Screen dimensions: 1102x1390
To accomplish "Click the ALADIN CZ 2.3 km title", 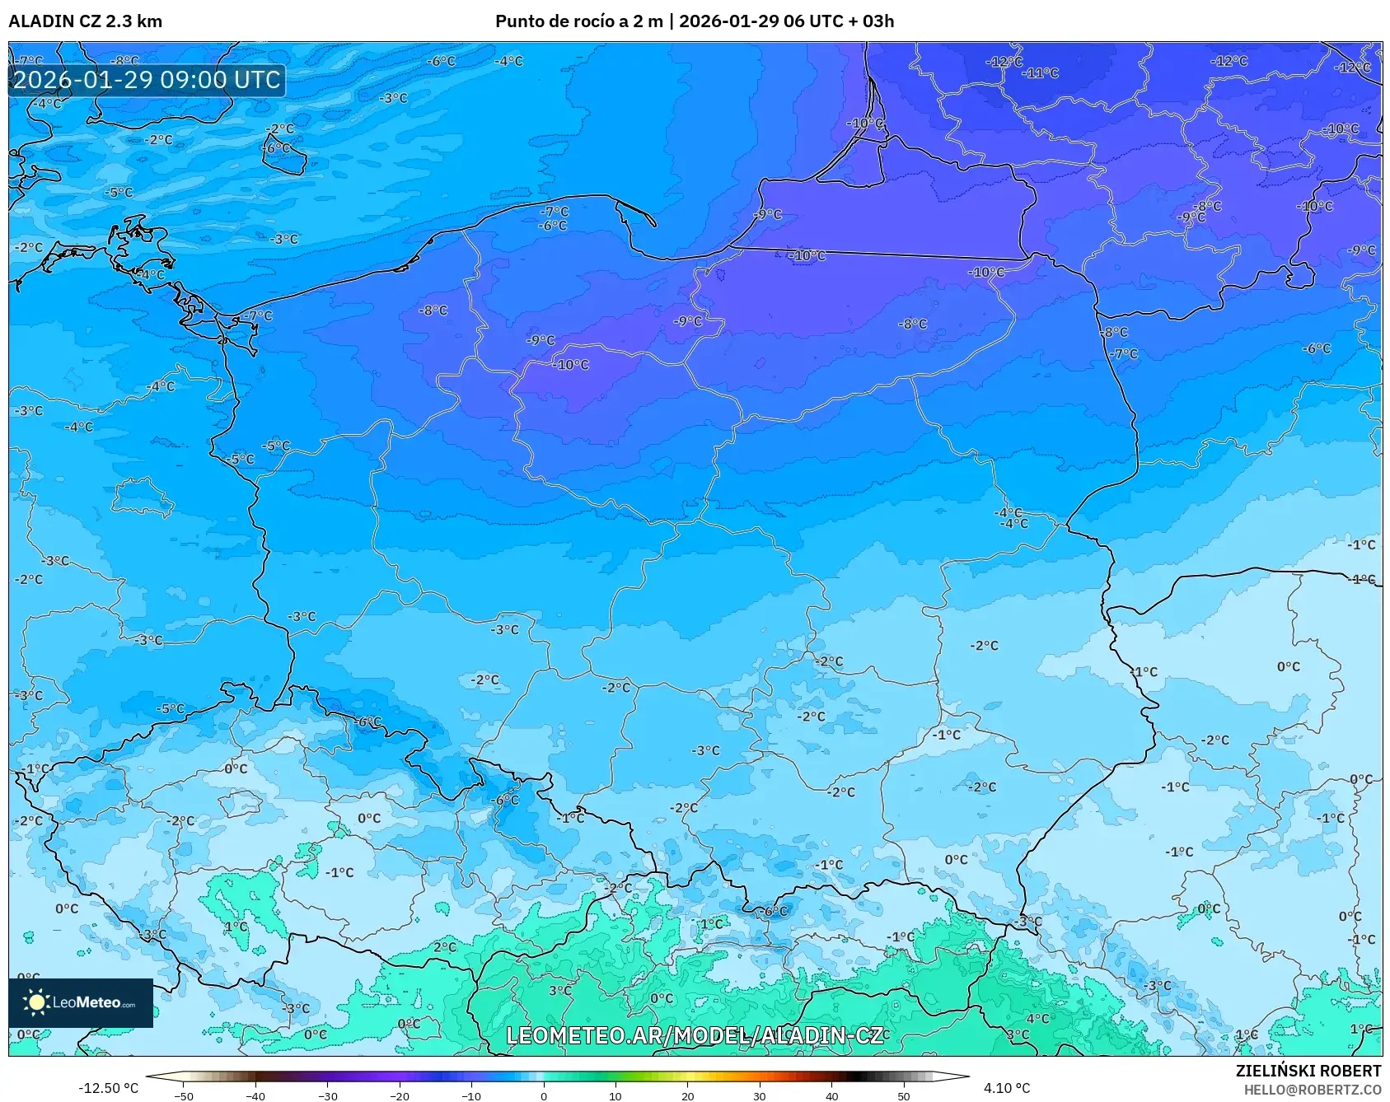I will pos(85,21).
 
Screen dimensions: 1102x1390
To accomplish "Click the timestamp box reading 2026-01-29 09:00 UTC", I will pos(147,80).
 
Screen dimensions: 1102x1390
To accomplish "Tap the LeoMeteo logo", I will pos(81,1002).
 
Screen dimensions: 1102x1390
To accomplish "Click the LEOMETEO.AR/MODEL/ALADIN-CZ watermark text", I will pos(694,1035).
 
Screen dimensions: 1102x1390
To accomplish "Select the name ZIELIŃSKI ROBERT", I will pos(1308,1071).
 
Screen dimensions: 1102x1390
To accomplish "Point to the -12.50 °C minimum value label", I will pos(108,1088).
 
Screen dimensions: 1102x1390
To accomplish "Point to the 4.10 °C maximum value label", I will pos(1006,1088).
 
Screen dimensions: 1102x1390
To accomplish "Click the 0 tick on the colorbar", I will pos(543,1095).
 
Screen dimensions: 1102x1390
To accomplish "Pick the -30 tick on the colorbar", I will pos(328,1095).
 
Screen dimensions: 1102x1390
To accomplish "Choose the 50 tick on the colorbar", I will pos(903,1095).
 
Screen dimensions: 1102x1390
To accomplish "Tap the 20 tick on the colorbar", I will pos(687,1095).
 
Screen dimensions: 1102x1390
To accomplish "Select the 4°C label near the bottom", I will pos(1037,1018).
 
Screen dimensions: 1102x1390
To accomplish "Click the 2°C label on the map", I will pos(444,946).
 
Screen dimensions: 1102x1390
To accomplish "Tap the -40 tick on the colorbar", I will pos(255,1095).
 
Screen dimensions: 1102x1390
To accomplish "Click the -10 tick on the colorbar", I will pos(470,1095).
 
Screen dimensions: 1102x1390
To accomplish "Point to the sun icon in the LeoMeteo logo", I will pos(36,1002).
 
